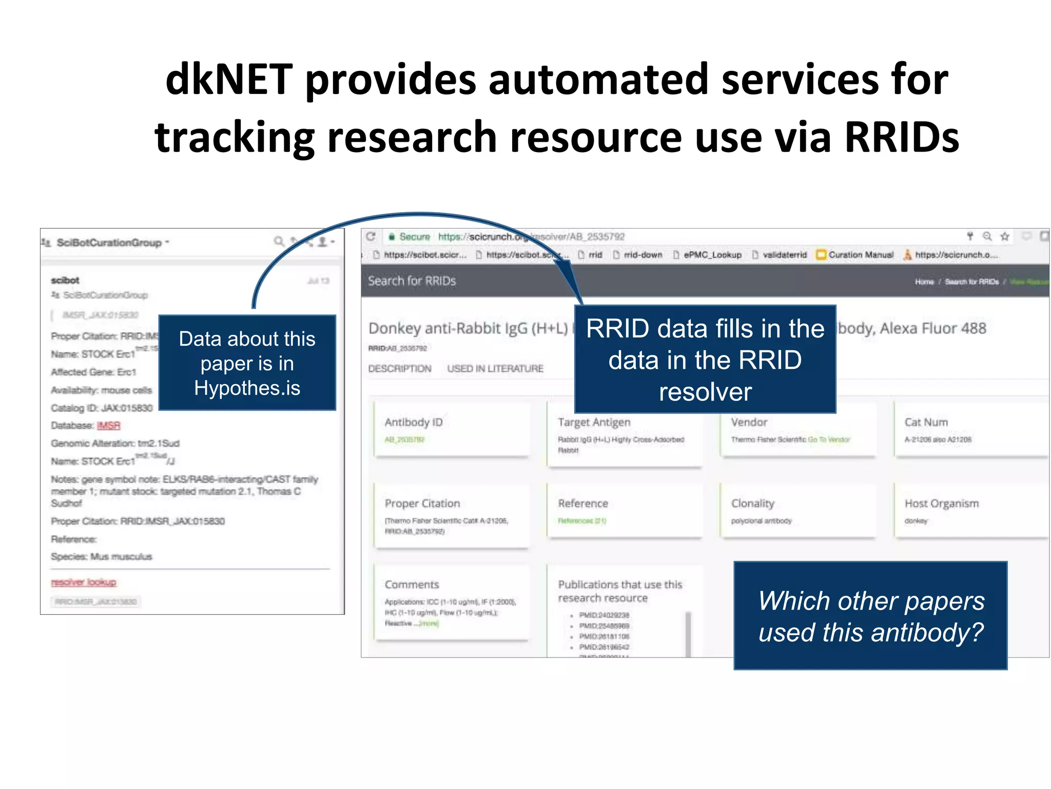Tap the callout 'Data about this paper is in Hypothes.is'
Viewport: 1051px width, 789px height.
247,363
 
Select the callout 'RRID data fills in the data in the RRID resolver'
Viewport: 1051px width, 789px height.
705,360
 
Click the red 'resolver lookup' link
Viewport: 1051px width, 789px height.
84,582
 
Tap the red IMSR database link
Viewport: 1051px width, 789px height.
108,425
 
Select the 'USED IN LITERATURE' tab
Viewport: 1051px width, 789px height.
495,368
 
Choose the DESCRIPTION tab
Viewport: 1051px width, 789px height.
399,368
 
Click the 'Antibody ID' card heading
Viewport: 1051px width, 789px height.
413,422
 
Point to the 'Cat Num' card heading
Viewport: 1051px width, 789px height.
926,422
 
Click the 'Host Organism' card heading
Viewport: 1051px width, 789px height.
941,503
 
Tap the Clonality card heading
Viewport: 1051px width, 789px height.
752,503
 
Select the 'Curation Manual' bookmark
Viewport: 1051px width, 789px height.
861,255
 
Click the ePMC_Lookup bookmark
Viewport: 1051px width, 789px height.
712,255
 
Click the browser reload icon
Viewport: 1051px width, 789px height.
371,236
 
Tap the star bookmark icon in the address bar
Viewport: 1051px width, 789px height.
1004,236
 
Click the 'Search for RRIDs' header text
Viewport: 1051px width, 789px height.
412,281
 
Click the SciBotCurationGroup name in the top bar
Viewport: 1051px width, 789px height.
109,242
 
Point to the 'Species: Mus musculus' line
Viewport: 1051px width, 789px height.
102,556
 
